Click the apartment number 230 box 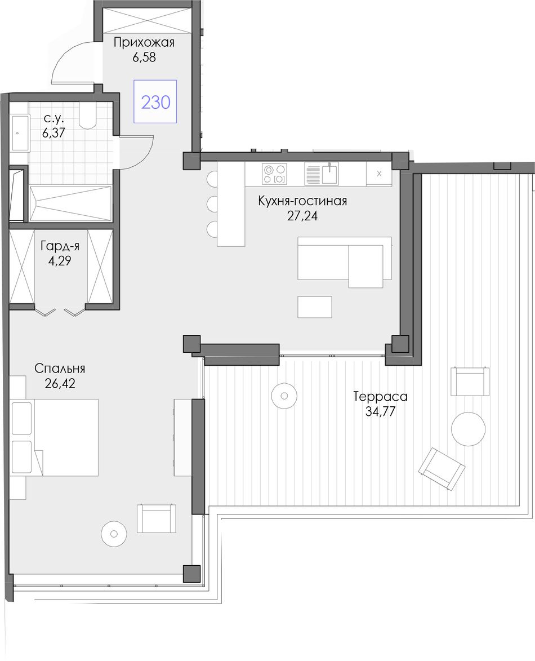[155, 101]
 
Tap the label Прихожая [144, 43]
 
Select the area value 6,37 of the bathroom [53, 133]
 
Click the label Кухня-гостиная [302, 201]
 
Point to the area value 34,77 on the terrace [380, 411]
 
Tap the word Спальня [59, 369]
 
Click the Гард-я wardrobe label [60, 246]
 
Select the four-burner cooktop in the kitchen [274, 174]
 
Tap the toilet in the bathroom [88, 116]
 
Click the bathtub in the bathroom [70, 203]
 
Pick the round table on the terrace [468, 428]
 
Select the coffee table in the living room [315, 307]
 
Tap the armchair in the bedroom [157, 518]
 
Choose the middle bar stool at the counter [212, 203]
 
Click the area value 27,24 [302, 216]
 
